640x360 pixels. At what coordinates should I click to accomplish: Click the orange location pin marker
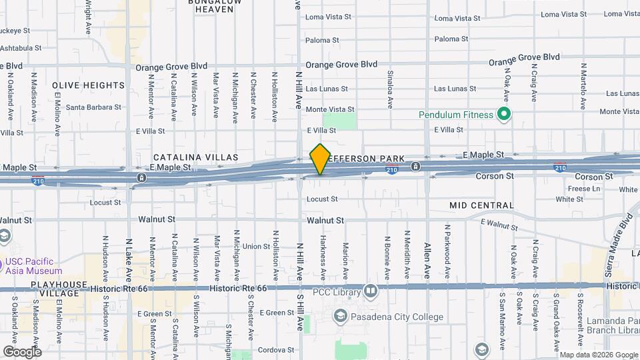point(320,159)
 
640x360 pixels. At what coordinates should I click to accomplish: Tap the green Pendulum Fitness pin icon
point(505,115)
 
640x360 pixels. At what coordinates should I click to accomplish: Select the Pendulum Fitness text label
point(455,115)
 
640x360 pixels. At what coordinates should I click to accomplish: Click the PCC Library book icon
point(371,291)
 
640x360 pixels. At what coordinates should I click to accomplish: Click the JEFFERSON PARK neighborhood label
point(368,158)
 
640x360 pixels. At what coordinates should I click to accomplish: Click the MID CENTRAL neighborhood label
point(481,205)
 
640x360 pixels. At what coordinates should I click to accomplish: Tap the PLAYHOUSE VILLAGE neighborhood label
point(59,289)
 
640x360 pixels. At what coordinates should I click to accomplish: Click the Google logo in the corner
point(22,351)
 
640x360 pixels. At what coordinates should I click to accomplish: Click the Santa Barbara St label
point(93,107)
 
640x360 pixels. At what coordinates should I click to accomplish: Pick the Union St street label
point(256,246)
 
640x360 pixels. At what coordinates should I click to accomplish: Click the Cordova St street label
point(277,349)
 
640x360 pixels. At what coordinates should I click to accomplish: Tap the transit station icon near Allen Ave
point(415,166)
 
